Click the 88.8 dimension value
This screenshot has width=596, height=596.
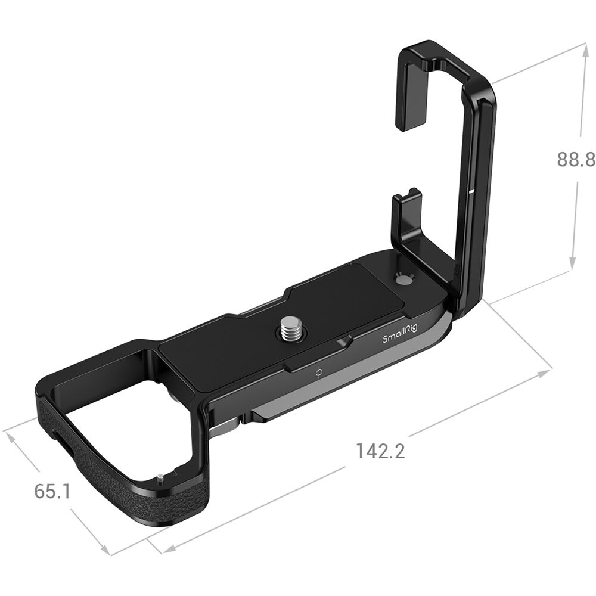coord(576,160)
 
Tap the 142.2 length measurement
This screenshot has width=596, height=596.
coord(380,451)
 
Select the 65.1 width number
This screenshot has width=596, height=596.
coord(52,491)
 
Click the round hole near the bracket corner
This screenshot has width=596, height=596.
coord(403,281)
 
